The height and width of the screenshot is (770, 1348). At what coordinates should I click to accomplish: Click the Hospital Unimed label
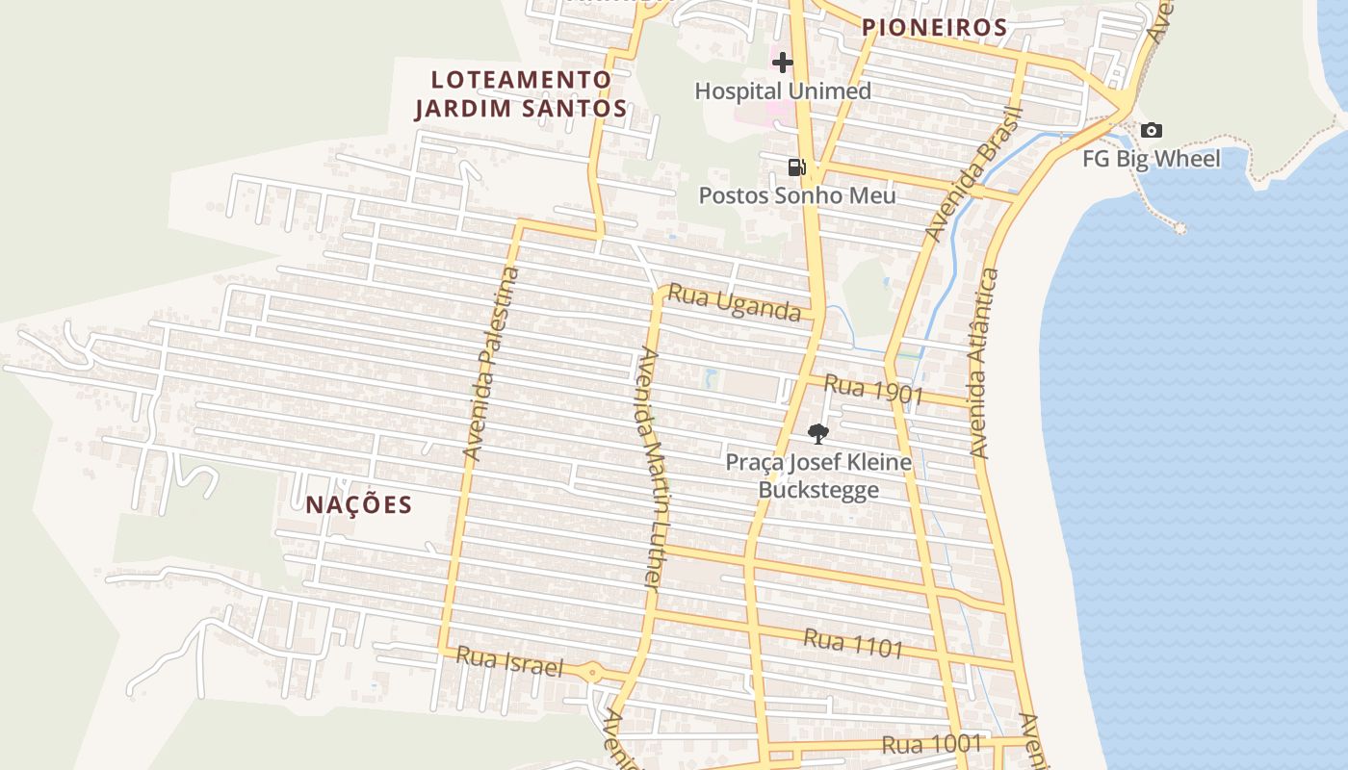coord(782,91)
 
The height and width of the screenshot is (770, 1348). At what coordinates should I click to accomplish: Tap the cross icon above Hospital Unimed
coord(783,63)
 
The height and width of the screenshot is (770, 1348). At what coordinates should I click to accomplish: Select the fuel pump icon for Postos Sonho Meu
coord(796,167)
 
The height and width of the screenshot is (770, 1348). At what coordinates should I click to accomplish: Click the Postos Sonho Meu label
coord(796,195)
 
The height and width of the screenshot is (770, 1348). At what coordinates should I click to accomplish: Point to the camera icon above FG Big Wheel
coord(1151,130)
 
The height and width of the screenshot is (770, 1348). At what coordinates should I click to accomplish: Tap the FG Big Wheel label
coord(1151,159)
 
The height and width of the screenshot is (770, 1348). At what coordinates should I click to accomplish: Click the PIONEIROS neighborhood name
coord(934,28)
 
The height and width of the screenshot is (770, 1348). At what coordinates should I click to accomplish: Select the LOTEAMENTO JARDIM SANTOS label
coord(521,94)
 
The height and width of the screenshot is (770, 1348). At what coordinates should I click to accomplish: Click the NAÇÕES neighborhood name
coord(359,504)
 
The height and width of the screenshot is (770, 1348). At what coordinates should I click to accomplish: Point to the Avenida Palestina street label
coord(491,363)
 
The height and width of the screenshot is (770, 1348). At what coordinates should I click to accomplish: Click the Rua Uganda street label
coord(734,303)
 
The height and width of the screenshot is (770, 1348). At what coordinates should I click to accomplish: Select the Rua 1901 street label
coord(873,390)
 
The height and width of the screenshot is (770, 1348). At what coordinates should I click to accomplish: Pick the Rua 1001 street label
coord(931,744)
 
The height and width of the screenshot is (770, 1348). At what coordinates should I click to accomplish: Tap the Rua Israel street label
coord(508,661)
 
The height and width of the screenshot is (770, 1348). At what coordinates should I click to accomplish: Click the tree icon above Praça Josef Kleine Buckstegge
coord(817,433)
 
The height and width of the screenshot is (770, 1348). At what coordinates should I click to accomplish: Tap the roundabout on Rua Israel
coord(592,673)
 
